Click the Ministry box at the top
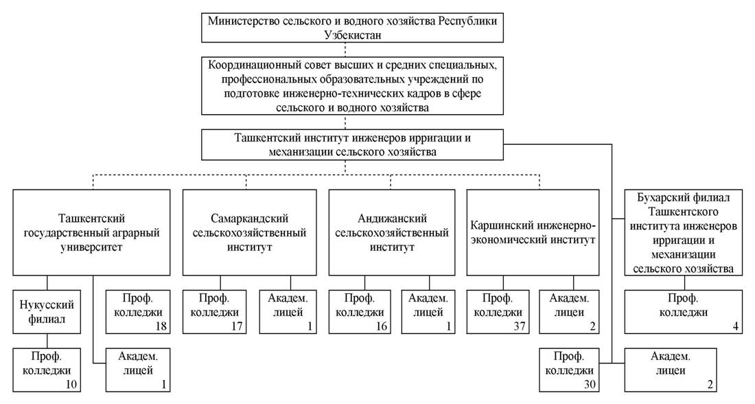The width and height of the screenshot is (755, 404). click(x=352, y=28)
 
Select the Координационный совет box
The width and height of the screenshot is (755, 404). click(x=352, y=86)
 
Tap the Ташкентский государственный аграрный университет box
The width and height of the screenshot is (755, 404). click(x=91, y=232)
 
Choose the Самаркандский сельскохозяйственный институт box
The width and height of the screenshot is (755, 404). click(x=249, y=232)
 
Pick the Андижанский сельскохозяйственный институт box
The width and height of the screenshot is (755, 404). click(x=391, y=232)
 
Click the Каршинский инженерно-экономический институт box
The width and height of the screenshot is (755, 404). click(x=533, y=232)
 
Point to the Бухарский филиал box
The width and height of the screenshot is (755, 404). click(x=683, y=232)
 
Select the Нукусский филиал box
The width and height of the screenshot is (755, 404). click(x=47, y=311)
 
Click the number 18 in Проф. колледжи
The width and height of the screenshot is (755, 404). click(x=161, y=326)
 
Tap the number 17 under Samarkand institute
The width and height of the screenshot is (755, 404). click(x=237, y=326)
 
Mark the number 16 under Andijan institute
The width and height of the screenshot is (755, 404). click(x=382, y=326)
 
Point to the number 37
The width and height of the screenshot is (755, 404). click(x=519, y=326)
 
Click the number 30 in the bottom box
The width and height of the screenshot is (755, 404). click(x=590, y=384)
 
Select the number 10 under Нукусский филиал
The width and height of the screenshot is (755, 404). click(x=71, y=384)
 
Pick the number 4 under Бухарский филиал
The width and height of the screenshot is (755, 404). click(x=735, y=326)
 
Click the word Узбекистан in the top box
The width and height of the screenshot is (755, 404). click(x=353, y=35)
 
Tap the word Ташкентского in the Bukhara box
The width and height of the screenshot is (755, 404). click(x=683, y=212)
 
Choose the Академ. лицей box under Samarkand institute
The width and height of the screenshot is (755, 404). click(x=288, y=311)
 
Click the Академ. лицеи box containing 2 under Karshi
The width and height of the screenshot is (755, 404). click(x=569, y=311)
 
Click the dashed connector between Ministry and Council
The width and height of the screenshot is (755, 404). click(x=345, y=49)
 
